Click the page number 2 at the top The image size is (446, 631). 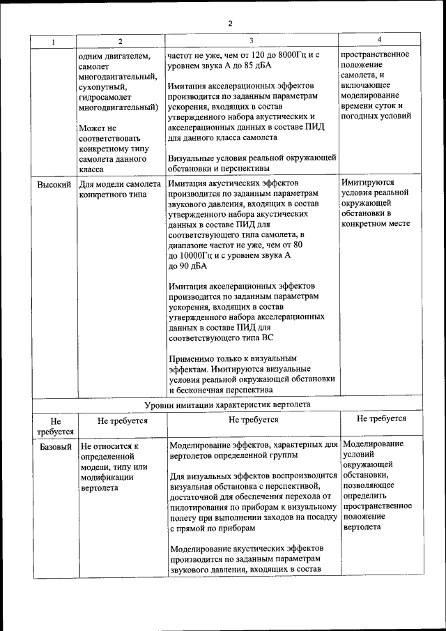pyautogui.click(x=229, y=24)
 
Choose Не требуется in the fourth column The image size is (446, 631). pyautogui.click(x=381, y=418)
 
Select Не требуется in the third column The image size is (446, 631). pyautogui.click(x=253, y=420)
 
